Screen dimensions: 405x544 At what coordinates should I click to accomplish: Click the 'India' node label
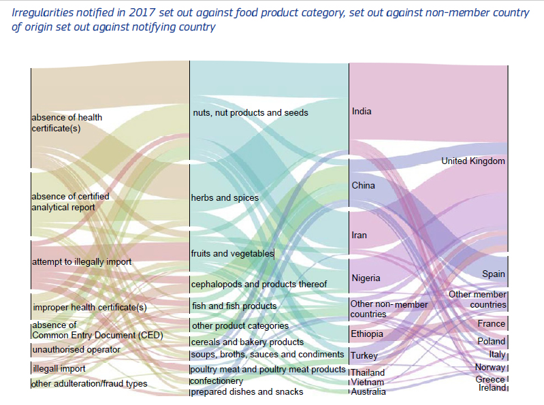[362, 112]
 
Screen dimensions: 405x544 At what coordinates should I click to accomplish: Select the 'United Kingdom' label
[473, 161]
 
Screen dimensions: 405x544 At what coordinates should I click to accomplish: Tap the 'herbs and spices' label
[225, 198]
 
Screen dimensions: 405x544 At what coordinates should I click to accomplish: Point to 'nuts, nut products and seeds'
[250, 113]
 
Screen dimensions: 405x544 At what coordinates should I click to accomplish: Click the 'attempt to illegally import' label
[82, 262]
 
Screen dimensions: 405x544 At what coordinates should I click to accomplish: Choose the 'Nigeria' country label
[366, 278]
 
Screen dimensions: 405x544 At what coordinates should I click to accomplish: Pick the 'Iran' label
[359, 236]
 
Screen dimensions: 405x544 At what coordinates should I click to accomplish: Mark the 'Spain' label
[494, 274]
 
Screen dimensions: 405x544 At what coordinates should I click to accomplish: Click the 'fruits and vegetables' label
[231, 254]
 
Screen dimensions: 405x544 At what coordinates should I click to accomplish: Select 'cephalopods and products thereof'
[259, 285]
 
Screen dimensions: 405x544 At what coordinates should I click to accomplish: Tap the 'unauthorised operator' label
[76, 350]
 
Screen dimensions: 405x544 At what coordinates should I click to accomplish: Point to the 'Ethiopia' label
[367, 334]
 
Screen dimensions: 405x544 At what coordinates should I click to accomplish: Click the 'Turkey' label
[364, 356]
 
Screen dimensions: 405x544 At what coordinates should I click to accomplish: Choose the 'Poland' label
[491, 342]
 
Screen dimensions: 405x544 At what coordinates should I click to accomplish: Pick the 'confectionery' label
[217, 381]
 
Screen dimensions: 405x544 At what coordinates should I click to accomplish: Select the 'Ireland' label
[492, 388]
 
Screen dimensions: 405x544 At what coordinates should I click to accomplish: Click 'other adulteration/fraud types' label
[89, 384]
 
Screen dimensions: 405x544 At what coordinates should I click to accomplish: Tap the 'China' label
[363, 186]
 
